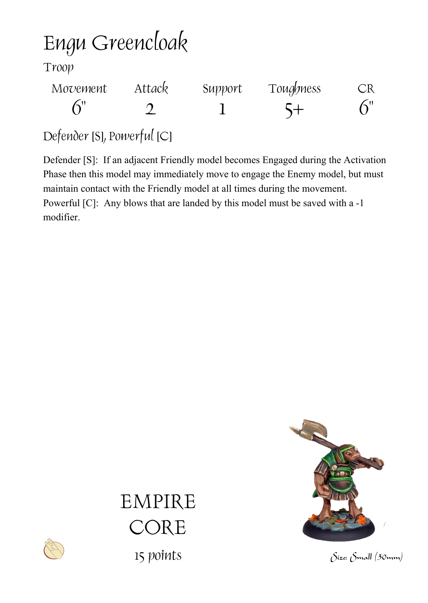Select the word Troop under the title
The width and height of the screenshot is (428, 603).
58,67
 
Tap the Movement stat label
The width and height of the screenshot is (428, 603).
79,89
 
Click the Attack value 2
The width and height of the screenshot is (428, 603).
151,109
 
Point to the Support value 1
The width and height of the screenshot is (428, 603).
222,109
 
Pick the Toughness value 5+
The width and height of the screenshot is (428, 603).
294,110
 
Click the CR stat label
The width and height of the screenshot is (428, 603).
366,89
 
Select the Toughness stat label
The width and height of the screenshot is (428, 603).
295,89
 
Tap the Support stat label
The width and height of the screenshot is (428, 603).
222,89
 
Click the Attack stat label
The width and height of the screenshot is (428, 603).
151,89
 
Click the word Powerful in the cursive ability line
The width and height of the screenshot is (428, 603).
131,136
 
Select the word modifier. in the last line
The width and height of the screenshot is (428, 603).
61,217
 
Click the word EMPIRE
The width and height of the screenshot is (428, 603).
158,502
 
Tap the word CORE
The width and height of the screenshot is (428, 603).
158,527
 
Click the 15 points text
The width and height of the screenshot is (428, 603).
158,555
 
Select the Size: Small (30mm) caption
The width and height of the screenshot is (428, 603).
366,557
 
